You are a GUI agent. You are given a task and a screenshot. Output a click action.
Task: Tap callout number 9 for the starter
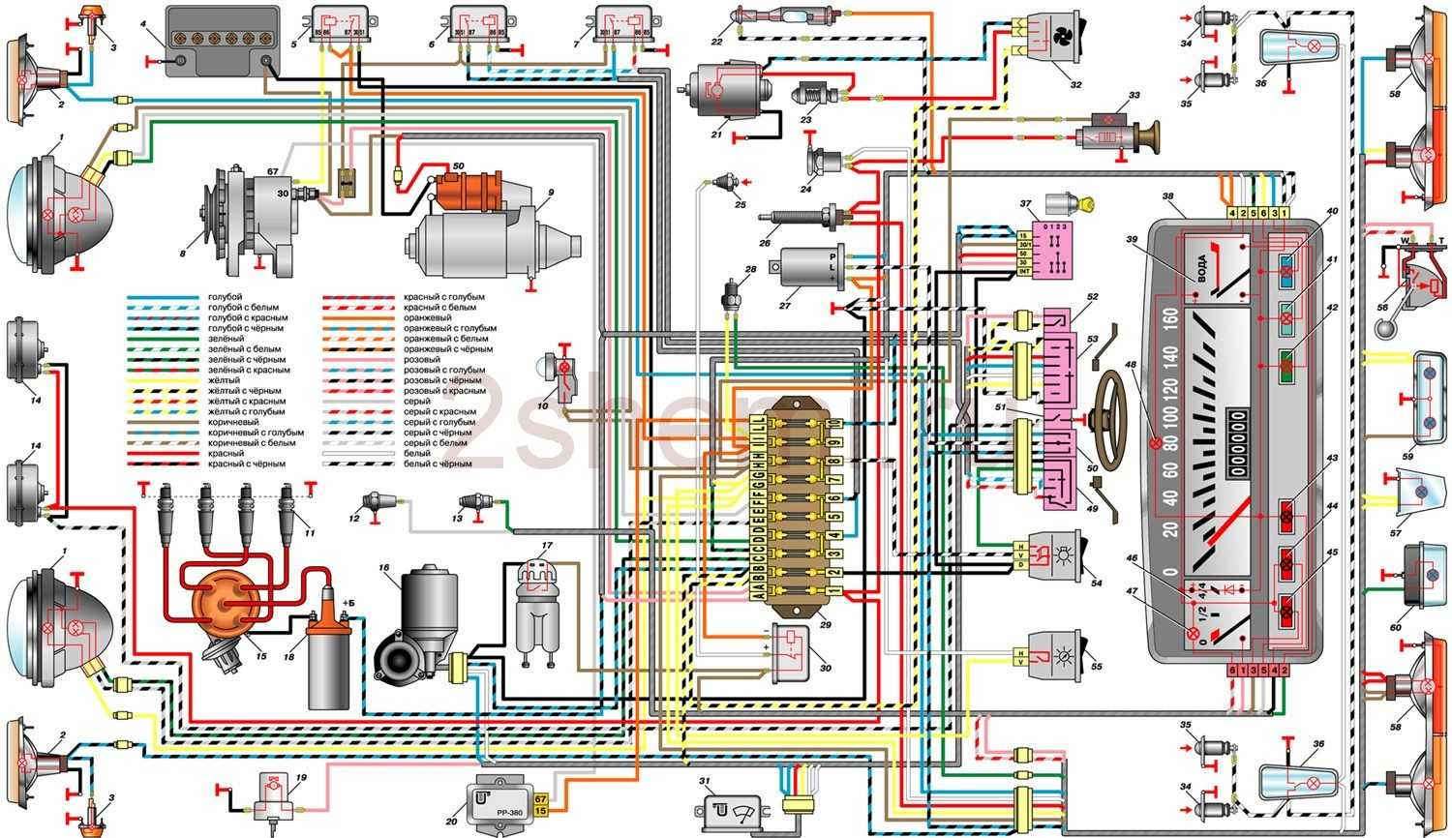point(549,192)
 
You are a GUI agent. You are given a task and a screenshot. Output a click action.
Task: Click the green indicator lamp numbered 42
point(1286,366)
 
